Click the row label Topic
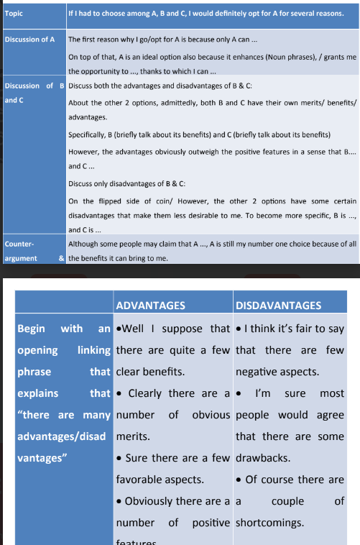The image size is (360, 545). click(x=14, y=13)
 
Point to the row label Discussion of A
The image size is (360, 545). click(x=29, y=39)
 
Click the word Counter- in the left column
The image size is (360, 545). click(x=19, y=244)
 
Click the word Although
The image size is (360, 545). click(x=84, y=244)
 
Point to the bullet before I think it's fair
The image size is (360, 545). click(x=239, y=329)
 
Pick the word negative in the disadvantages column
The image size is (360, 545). click(x=259, y=372)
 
